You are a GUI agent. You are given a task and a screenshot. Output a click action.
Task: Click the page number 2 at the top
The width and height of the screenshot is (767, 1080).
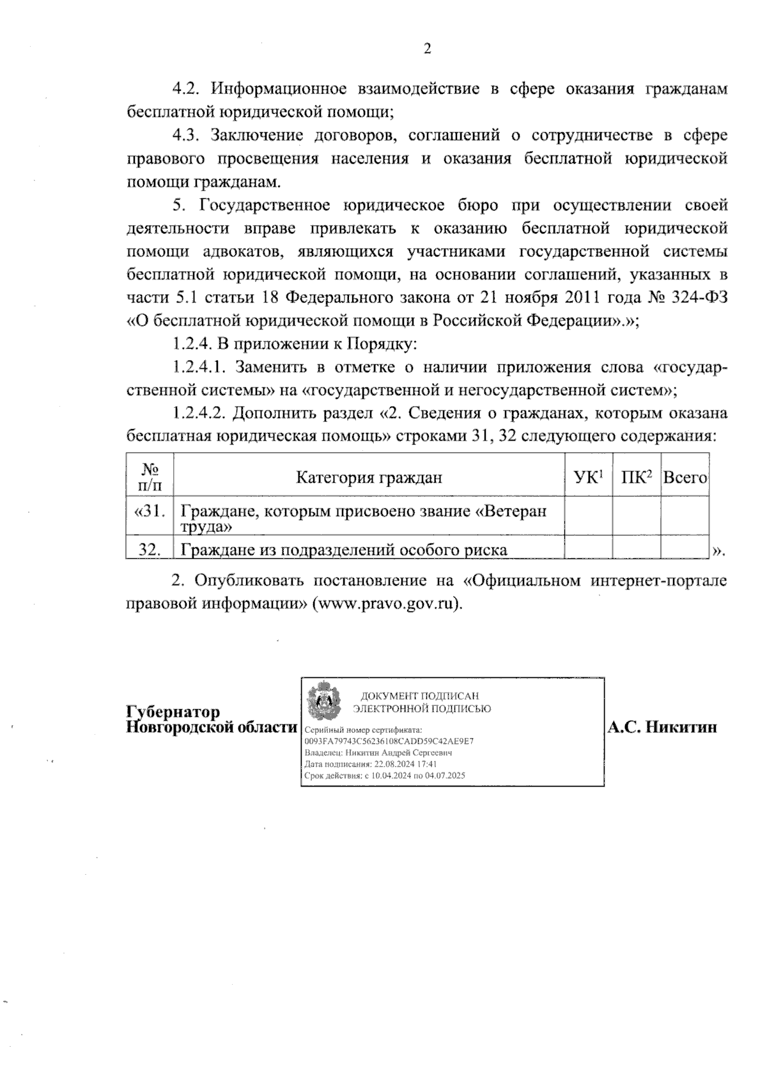click(x=427, y=49)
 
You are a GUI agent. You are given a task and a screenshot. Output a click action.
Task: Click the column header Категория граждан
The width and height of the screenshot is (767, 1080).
click(x=369, y=478)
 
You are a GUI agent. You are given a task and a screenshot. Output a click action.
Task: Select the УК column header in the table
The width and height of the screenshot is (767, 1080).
click(x=589, y=477)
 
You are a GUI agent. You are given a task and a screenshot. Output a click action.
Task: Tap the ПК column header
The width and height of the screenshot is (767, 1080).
click(x=636, y=477)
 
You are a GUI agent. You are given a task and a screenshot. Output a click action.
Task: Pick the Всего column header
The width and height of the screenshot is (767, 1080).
click(x=685, y=478)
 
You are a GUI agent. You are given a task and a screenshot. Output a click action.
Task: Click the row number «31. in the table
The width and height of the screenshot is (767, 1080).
click(x=150, y=512)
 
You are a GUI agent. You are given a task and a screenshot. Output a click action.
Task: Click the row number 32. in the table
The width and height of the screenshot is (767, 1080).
click(x=150, y=549)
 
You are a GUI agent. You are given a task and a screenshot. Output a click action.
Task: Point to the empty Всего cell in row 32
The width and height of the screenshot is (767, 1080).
click(x=685, y=549)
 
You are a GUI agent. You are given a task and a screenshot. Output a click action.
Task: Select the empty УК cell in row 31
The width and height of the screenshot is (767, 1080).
click(x=589, y=517)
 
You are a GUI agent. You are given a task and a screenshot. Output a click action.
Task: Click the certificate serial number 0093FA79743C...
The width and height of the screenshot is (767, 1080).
click(x=390, y=741)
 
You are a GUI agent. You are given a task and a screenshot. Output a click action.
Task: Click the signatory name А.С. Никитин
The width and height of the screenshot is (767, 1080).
click(x=662, y=728)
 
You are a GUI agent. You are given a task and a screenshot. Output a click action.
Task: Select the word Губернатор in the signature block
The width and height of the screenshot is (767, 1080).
click(x=173, y=712)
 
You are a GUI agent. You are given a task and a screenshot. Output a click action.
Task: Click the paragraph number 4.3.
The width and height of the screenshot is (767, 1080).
click(x=187, y=136)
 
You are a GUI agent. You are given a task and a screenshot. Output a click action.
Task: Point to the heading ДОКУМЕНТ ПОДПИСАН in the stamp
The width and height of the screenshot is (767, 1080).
click(x=419, y=696)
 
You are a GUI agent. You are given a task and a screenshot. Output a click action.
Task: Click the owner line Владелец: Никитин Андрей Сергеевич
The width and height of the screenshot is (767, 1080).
click(x=378, y=753)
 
